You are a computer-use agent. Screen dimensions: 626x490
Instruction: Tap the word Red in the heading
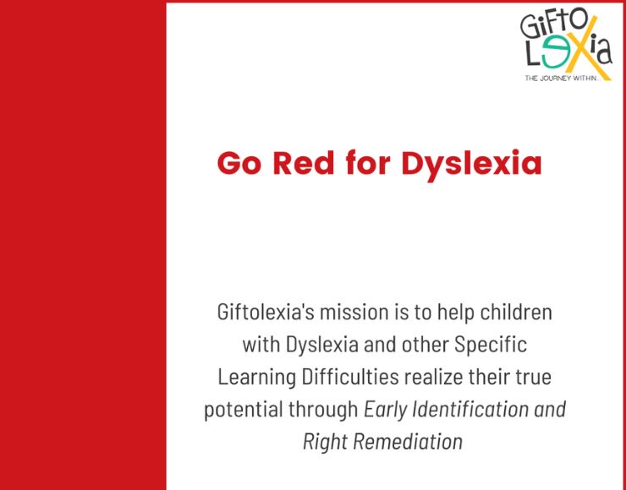tap(304, 163)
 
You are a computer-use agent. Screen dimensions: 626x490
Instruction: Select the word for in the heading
tap(368, 162)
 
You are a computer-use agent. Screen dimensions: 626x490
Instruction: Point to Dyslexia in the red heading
tap(471, 165)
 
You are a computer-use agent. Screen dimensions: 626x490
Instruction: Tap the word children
tap(516, 312)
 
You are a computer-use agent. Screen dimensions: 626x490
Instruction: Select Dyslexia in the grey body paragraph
tap(322, 346)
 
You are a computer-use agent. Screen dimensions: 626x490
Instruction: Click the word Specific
tap(491, 346)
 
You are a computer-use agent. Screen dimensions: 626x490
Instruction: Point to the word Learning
tap(256, 378)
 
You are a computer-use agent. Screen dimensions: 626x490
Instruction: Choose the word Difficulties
tap(350, 377)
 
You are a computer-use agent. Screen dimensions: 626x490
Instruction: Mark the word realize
tap(433, 377)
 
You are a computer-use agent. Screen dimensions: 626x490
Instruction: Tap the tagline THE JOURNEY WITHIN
tap(562, 79)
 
